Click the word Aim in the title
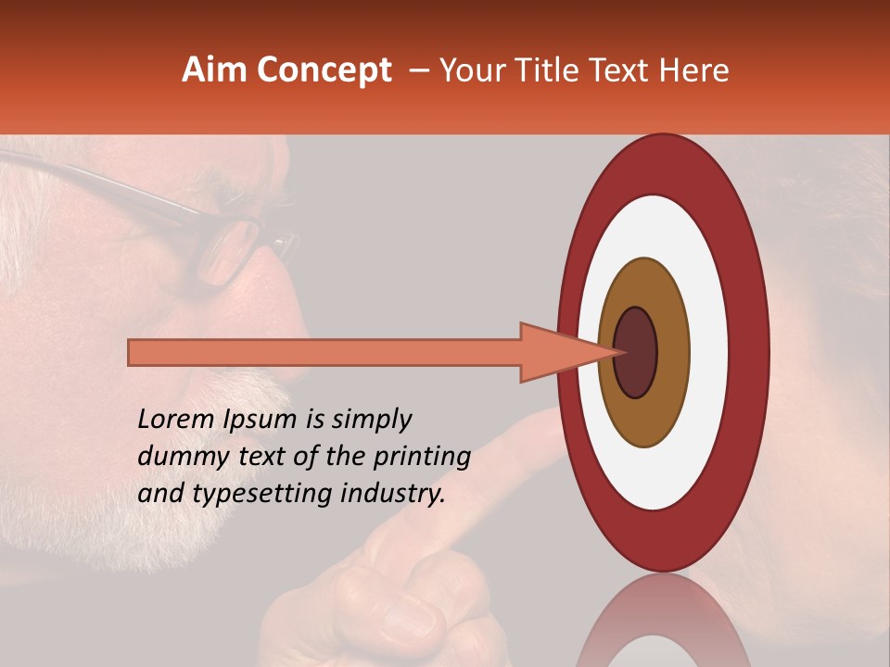coord(214,69)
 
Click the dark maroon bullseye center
coord(635,352)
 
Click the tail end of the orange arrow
coord(134,353)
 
